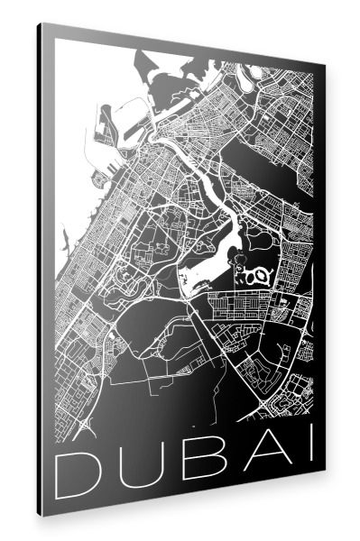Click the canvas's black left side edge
click(x=45, y=270)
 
